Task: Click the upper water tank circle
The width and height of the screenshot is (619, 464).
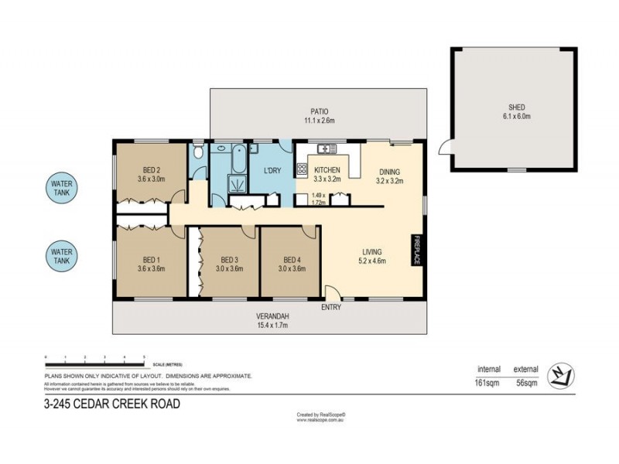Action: point(63,188)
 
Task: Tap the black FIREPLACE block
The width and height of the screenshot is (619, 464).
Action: point(416,251)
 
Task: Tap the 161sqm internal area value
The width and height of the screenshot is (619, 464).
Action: point(488,382)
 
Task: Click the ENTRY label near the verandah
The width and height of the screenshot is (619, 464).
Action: point(332,307)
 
